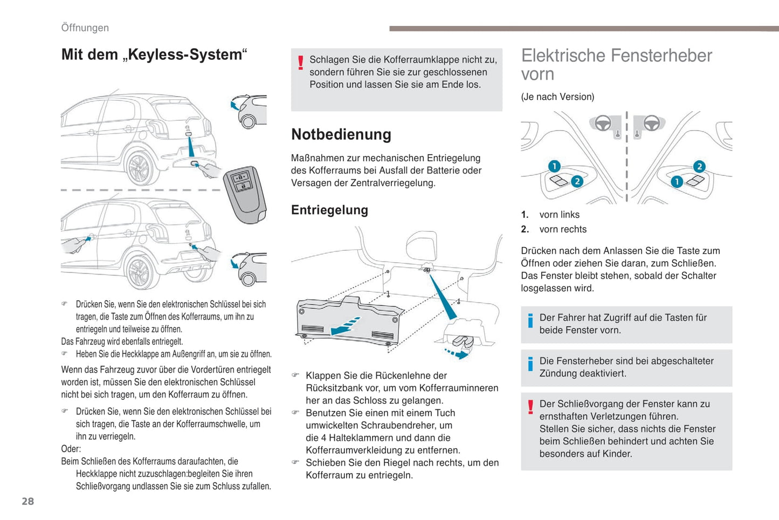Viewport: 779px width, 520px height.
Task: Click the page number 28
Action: (x=27, y=501)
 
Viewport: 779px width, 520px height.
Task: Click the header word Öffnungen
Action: (x=85, y=28)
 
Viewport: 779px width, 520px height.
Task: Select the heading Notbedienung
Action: (x=341, y=134)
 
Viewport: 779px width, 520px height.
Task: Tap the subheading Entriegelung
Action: (x=329, y=210)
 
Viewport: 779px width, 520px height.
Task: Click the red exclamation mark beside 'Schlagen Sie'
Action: (x=300, y=63)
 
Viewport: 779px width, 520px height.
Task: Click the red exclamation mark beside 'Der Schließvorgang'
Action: (x=530, y=407)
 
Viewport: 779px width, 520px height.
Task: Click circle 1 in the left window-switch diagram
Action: (x=554, y=166)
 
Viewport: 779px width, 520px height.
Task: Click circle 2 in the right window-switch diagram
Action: (x=699, y=166)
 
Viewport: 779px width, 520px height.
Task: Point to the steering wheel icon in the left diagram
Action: (x=602, y=124)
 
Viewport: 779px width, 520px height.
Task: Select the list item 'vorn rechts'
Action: (x=562, y=229)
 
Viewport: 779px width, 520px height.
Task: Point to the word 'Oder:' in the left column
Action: (x=71, y=449)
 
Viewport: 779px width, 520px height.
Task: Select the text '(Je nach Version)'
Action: (x=557, y=97)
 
